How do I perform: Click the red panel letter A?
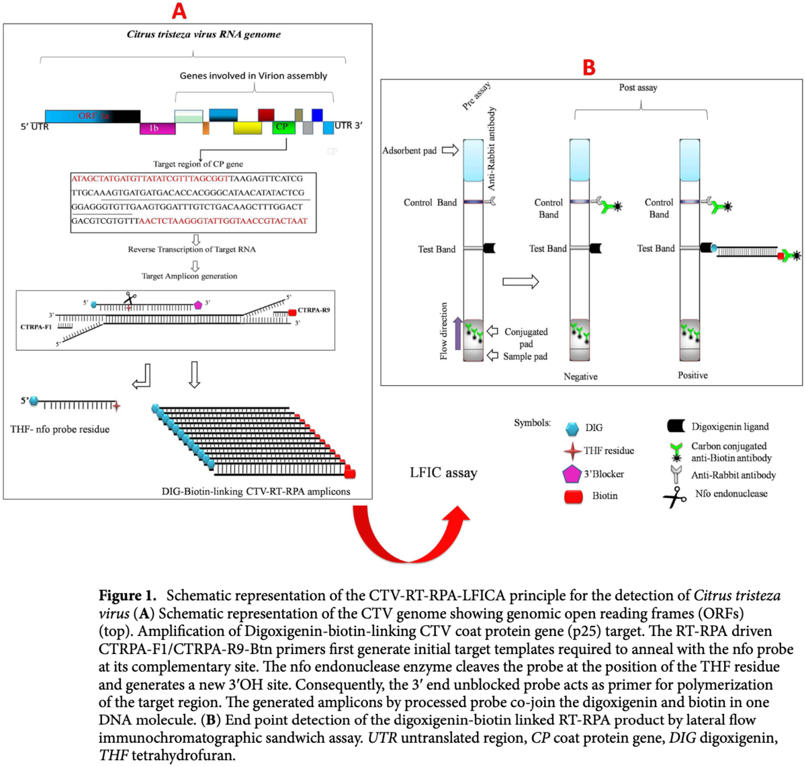[179, 11]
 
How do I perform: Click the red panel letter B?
[588, 67]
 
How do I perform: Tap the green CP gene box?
[283, 127]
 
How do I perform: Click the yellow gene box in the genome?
[247, 128]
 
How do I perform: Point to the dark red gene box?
[266, 115]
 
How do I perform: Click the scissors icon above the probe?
[129, 298]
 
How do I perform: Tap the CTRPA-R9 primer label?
[314, 311]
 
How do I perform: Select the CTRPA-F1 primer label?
[36, 327]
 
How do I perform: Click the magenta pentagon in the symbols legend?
[571, 474]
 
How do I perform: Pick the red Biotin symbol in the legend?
[573, 497]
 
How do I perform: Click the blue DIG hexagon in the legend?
[572, 428]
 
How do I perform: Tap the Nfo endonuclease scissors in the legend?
[674, 497]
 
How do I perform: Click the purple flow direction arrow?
[458, 333]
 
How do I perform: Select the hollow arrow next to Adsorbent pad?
[449, 150]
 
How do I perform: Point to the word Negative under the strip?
[580, 376]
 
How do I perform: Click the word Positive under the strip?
[692, 375]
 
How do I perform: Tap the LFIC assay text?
[443, 473]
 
